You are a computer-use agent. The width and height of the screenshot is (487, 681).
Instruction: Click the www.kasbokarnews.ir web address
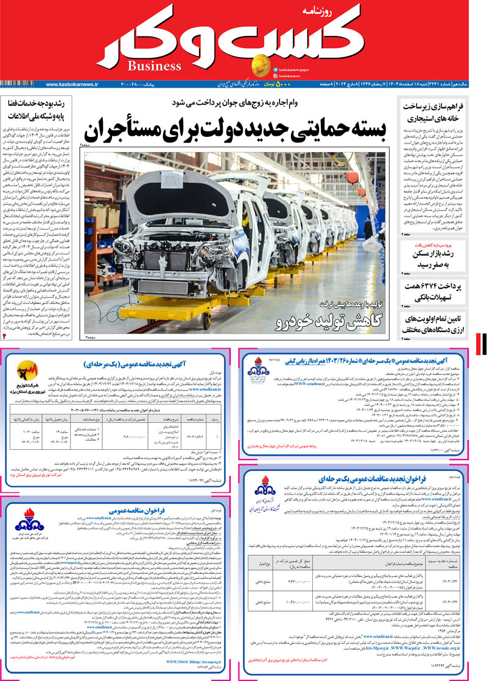[72, 83]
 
